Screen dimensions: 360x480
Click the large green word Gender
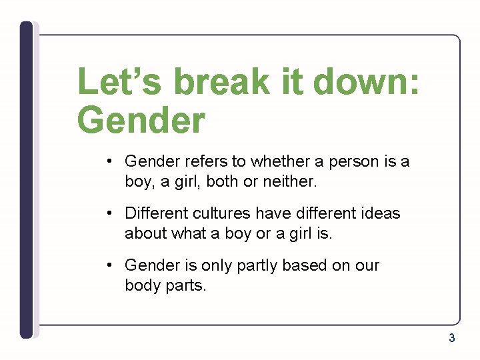141,121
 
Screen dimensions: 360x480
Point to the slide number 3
451,338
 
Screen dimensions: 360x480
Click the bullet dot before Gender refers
109,161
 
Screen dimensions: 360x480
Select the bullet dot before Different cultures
109,213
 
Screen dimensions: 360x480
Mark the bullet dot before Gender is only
109,265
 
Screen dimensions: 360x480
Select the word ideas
378,213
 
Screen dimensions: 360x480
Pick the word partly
257,265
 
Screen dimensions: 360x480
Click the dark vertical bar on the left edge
26,180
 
